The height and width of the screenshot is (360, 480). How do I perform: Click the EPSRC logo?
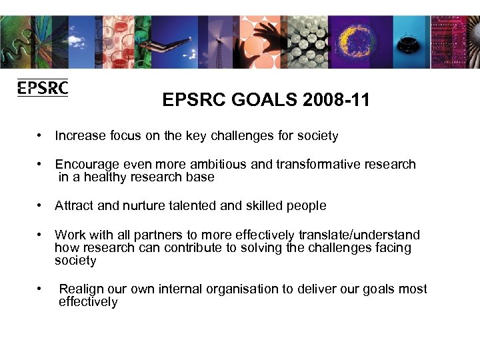coord(43,87)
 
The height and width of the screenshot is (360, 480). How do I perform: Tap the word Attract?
coord(74,206)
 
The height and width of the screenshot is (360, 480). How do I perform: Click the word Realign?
coord(81,289)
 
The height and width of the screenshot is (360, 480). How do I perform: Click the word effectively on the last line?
coord(88,302)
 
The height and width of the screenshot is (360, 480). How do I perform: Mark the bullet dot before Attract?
coord(41,206)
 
